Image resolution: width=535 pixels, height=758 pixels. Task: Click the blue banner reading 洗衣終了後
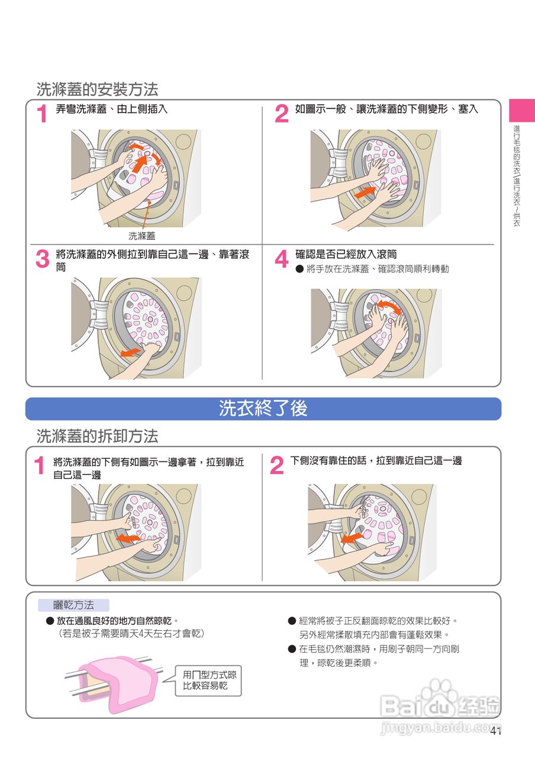coord(263,409)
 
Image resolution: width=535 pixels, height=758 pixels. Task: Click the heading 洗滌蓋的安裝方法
coord(98,89)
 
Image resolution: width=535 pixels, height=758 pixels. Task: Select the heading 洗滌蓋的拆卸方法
coord(98,436)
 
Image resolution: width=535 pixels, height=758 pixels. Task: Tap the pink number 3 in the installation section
coord(43,259)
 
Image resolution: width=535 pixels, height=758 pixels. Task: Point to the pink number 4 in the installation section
coord(282,259)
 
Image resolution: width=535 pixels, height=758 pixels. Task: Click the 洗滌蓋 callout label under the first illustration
coord(141,236)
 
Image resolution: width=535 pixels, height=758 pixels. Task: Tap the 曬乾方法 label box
coord(74,605)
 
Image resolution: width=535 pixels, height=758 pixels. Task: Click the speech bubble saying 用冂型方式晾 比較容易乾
coord(208,680)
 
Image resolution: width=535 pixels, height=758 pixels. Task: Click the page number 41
coord(495,731)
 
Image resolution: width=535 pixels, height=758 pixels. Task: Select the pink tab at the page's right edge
coord(522,110)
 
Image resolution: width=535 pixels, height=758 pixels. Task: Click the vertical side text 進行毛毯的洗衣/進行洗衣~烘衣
coord(517,176)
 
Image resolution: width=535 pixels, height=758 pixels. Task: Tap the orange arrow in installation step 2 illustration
coord(365,192)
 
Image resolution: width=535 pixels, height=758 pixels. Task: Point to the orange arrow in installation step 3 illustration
coord(131,352)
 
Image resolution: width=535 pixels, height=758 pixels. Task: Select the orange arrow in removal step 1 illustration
coord(128,539)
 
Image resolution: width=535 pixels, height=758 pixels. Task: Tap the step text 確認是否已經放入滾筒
coord(346,255)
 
